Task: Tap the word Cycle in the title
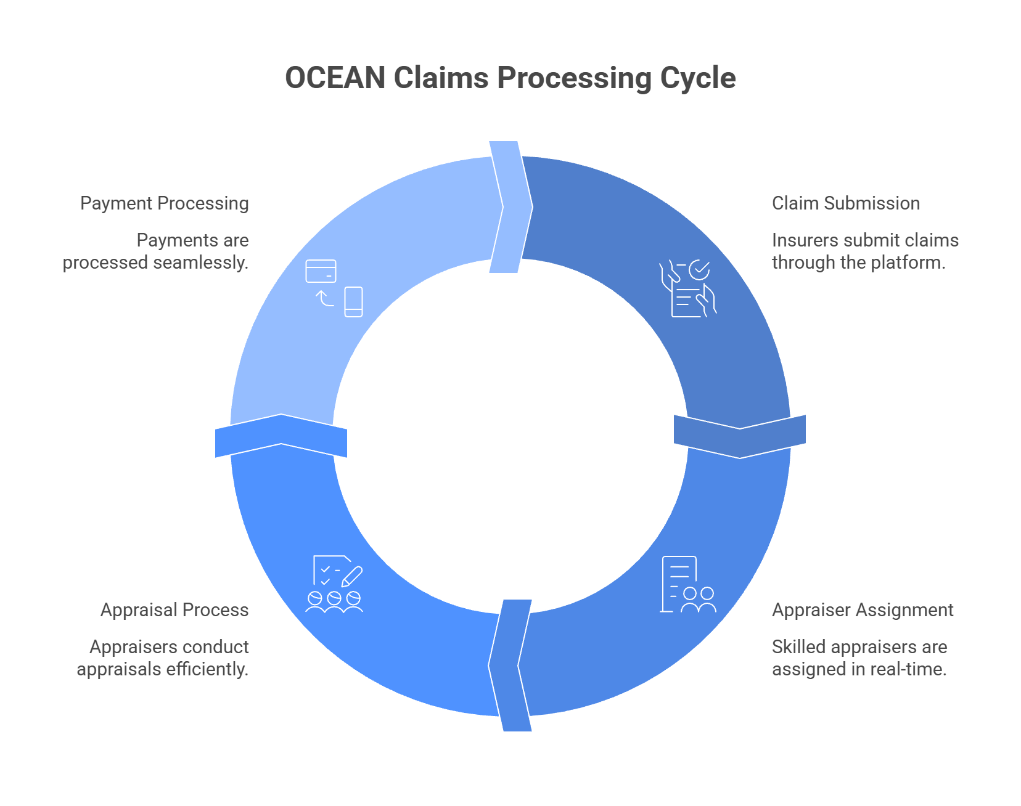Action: point(697,78)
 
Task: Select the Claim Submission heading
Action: point(845,203)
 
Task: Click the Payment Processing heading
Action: point(165,203)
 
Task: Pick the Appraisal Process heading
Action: point(174,610)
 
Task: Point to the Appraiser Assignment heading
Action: point(862,610)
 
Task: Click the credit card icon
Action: point(321,271)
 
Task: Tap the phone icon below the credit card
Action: point(353,302)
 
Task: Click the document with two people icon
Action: point(687,585)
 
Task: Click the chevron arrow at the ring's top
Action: point(510,207)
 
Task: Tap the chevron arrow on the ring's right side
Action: point(739,436)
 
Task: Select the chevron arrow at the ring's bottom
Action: point(510,665)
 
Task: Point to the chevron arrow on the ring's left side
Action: point(281,436)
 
